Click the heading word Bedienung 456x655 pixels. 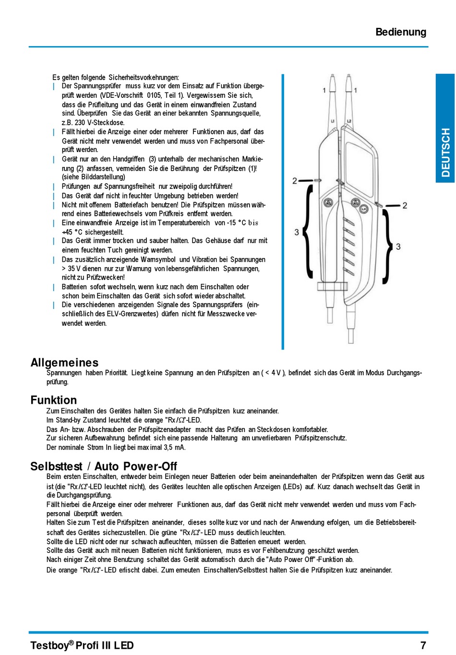click(x=401, y=32)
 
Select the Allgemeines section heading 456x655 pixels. click(x=64, y=363)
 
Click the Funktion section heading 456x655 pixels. click(x=53, y=400)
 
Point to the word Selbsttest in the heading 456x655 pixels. click(x=56, y=466)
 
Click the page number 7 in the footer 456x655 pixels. click(x=423, y=645)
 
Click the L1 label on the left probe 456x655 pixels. click(x=333, y=121)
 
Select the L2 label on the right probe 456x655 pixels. click(x=349, y=121)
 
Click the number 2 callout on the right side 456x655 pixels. click(x=405, y=205)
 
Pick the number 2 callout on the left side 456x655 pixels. click(x=295, y=181)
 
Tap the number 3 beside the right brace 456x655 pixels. click(x=398, y=246)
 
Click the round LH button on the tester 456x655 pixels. click(x=364, y=209)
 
